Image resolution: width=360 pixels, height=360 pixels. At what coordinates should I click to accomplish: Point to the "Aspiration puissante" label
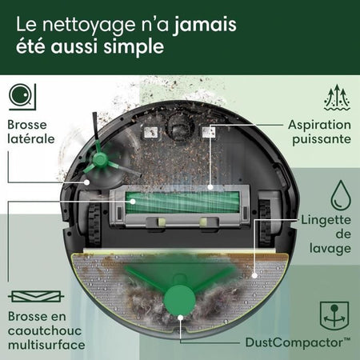[x=319, y=132]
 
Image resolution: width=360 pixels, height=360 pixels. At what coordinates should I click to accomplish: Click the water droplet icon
[x=339, y=194]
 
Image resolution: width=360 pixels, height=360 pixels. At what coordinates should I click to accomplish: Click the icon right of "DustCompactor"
[x=338, y=315]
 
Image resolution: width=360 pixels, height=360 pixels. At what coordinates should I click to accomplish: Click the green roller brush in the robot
[x=185, y=203]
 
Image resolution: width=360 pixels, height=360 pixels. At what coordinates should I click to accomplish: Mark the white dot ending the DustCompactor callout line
[x=182, y=318]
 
